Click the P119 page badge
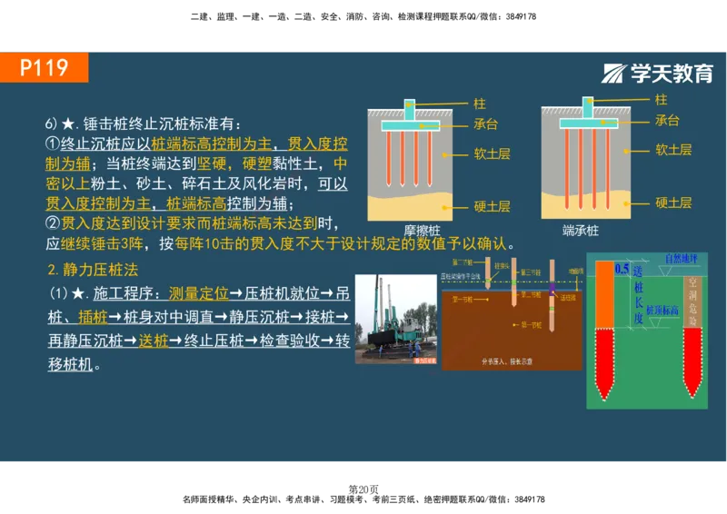[x=45, y=67]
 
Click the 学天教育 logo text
[x=661, y=74]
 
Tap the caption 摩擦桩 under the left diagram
[x=424, y=231]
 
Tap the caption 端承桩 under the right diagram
[x=581, y=231]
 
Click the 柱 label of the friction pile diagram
[x=480, y=104]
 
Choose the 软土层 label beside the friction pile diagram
[x=492, y=153]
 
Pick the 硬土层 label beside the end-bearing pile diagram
[x=673, y=203]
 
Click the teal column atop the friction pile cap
[x=411, y=109]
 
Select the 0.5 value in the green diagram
[x=622, y=269]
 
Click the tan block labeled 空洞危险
[x=693, y=300]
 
